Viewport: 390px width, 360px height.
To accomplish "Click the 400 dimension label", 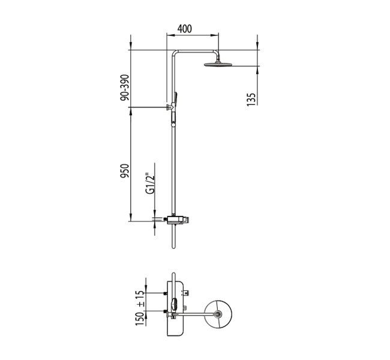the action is pyautogui.click(x=185, y=29).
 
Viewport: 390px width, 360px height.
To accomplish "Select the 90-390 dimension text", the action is pyautogui.click(x=125, y=88).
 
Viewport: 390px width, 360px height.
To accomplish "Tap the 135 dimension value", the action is pyautogui.click(x=251, y=100).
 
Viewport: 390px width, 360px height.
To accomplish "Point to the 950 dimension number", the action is pyautogui.click(x=125, y=170).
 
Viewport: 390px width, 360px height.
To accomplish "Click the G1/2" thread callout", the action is pyautogui.click(x=150, y=184).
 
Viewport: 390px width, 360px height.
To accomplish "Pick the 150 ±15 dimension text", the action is pyautogui.click(x=140, y=308).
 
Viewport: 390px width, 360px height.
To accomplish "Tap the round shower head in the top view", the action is pyautogui.click(x=218, y=314).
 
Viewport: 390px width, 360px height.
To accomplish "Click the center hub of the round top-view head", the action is pyautogui.click(x=218, y=314).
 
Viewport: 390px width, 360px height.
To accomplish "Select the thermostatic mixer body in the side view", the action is pyautogui.click(x=178, y=220).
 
